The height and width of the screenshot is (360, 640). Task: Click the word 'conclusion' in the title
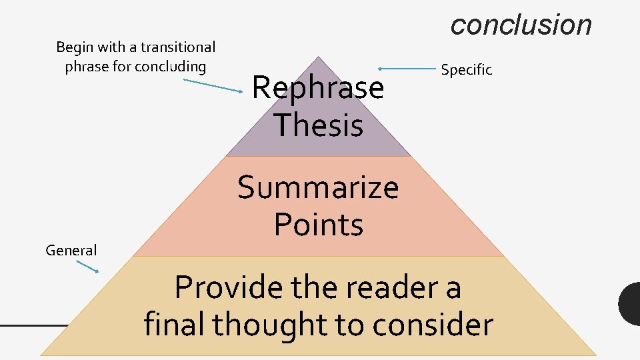521,25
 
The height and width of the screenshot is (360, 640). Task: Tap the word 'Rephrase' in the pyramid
318,87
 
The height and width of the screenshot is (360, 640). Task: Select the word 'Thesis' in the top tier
318,125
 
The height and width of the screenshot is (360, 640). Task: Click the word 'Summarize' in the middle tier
318,187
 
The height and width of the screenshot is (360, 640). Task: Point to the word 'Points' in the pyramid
318,225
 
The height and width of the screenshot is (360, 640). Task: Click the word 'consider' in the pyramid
433,325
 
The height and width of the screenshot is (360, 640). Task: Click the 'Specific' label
466,69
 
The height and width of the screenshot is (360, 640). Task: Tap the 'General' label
71,251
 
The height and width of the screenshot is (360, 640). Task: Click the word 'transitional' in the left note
178,47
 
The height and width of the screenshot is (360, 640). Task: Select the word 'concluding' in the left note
170,67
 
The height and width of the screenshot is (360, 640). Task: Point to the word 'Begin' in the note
74,47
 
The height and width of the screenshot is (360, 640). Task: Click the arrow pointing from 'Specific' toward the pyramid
407,68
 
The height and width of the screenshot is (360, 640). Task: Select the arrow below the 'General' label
87,266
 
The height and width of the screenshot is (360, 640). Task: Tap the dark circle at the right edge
630,304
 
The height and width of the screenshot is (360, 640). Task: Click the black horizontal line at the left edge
33,325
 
